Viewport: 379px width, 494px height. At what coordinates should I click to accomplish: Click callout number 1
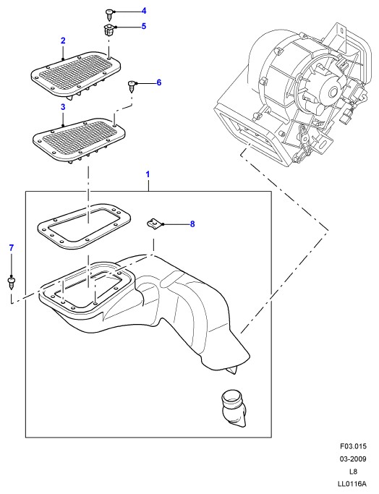click(148, 174)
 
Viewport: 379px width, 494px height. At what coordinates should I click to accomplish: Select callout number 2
click(63, 41)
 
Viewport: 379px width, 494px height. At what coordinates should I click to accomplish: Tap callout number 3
click(63, 107)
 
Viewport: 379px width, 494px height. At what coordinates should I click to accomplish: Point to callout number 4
click(144, 11)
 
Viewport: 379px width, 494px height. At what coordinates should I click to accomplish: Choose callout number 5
click(144, 26)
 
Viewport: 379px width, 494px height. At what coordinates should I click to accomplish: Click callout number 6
click(159, 82)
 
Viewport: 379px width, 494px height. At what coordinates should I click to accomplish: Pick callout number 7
click(12, 248)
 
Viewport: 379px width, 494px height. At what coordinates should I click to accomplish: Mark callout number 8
click(192, 224)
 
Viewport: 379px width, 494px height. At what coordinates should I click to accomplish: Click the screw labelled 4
click(109, 14)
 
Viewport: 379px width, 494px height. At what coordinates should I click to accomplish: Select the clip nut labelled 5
click(108, 30)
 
